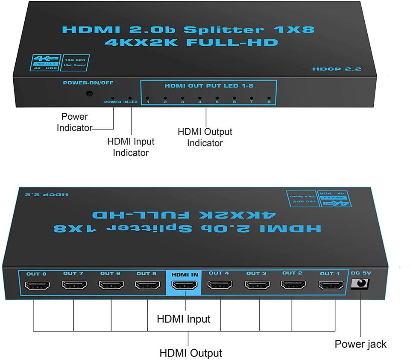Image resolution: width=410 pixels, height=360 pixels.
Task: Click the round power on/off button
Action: [89, 94]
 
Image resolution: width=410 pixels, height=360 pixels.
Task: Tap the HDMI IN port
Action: [184, 285]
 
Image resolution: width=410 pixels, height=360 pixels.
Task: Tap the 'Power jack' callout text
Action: [360, 344]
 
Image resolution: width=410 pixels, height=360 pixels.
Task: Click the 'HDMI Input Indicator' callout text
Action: [131, 147]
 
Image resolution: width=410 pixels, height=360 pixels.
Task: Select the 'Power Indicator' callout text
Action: [75, 122]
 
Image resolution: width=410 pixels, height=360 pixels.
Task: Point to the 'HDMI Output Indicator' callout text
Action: [205, 137]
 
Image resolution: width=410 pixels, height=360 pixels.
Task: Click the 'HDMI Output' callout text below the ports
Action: [191, 353]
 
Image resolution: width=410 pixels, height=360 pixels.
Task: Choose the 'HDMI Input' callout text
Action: [184, 319]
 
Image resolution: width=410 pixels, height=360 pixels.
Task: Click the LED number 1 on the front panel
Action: [147, 97]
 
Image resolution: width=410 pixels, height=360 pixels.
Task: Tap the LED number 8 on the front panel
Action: [269, 97]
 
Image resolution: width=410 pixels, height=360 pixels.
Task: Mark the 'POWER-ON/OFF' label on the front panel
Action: [89, 83]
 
